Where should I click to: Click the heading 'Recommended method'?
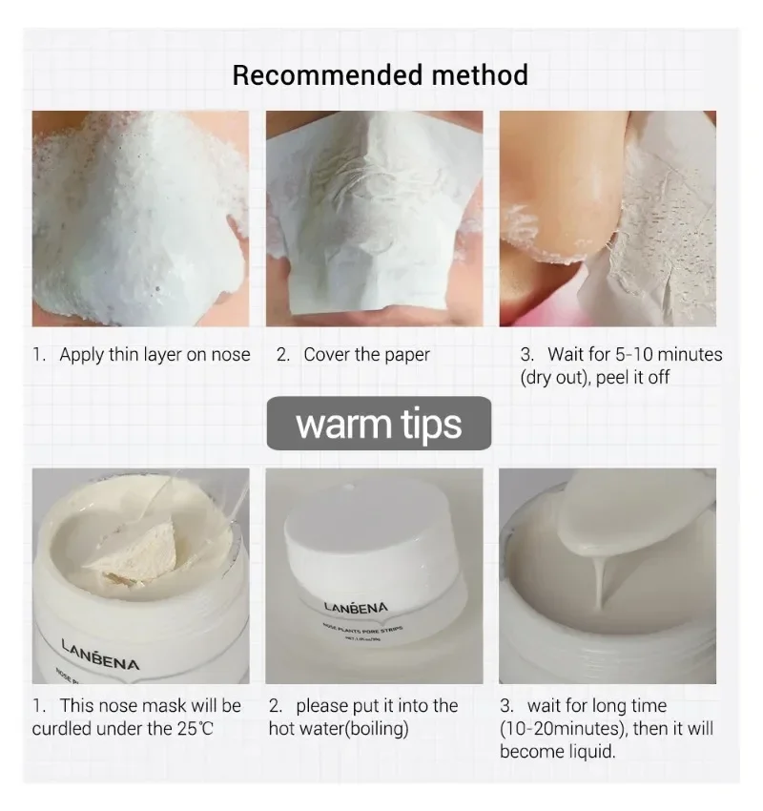tap(380, 74)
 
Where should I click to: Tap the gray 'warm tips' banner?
tap(379, 424)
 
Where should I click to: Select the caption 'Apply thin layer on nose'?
tap(155, 355)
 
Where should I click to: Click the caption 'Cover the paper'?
tap(366, 355)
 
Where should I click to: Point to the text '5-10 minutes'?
tap(667, 355)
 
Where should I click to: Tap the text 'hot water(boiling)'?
tap(340, 729)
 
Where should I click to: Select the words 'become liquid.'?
tap(557, 751)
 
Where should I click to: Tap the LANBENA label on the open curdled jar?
tap(100, 655)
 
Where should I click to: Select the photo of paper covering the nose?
tap(374, 218)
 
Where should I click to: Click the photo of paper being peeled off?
tap(608, 218)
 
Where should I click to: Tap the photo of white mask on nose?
tap(140, 218)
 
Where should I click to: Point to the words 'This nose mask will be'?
tap(151, 706)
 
